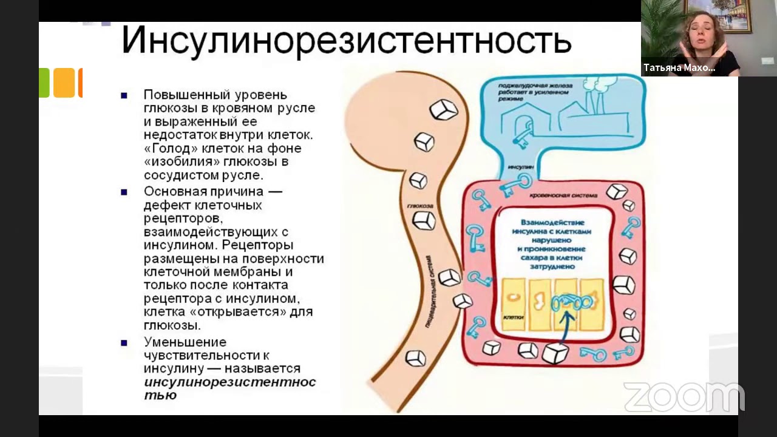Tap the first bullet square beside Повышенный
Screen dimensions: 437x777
click(x=124, y=95)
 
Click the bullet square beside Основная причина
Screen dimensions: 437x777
click(x=124, y=192)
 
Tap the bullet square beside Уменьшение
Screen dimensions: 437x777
click(x=124, y=342)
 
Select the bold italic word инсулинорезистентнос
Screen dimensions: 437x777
click(x=229, y=382)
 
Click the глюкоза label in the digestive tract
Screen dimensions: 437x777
click(x=421, y=206)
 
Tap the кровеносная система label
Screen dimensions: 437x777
click(x=563, y=195)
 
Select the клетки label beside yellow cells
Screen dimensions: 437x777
click(x=514, y=317)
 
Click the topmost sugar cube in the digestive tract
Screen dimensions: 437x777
click(x=443, y=109)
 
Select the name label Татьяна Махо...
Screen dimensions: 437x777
click(x=679, y=68)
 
